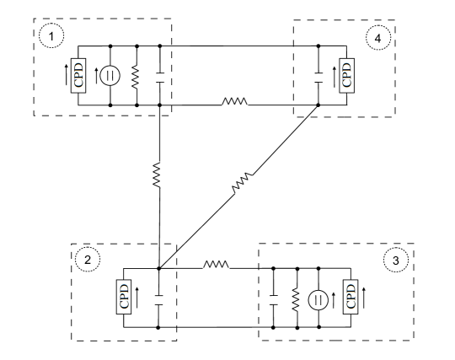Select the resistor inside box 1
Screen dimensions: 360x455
(x=136, y=77)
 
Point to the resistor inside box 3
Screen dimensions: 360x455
(x=296, y=298)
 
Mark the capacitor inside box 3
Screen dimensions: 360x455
(x=274, y=298)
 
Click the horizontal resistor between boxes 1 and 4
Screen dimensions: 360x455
(x=233, y=105)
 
